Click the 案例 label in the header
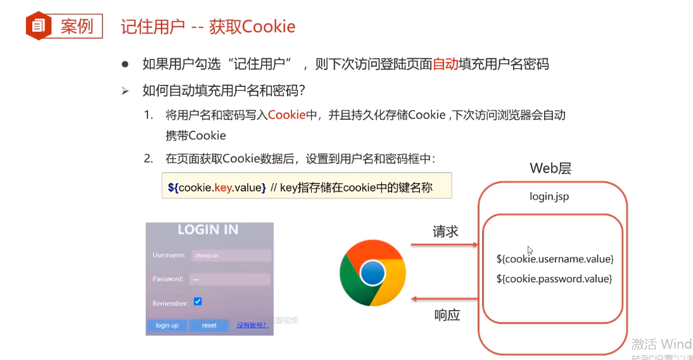coord(77,26)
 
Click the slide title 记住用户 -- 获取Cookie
coord(208,26)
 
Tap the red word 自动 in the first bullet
coord(445,64)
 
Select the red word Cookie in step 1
coord(287,115)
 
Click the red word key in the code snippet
coord(223,188)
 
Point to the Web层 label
coord(550,169)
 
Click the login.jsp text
coord(549,196)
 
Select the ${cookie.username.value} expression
coord(555,259)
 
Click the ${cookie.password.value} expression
coord(554,278)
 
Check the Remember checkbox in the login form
coord(198,302)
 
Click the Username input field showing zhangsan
coord(231,255)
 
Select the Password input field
coord(231,279)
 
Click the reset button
coord(209,325)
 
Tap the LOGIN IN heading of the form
coord(208,229)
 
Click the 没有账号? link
coord(252,325)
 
